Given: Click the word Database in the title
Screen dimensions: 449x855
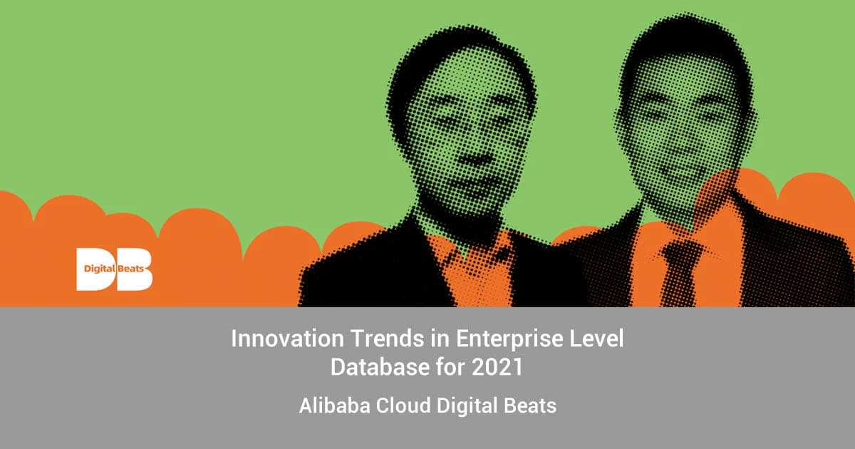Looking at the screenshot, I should pos(373,368).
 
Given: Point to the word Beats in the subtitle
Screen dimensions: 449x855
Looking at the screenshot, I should pos(532,406).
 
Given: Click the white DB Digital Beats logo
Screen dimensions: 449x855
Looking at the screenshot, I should pos(114,269).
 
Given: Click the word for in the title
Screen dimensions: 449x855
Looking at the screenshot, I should pos(447,368).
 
